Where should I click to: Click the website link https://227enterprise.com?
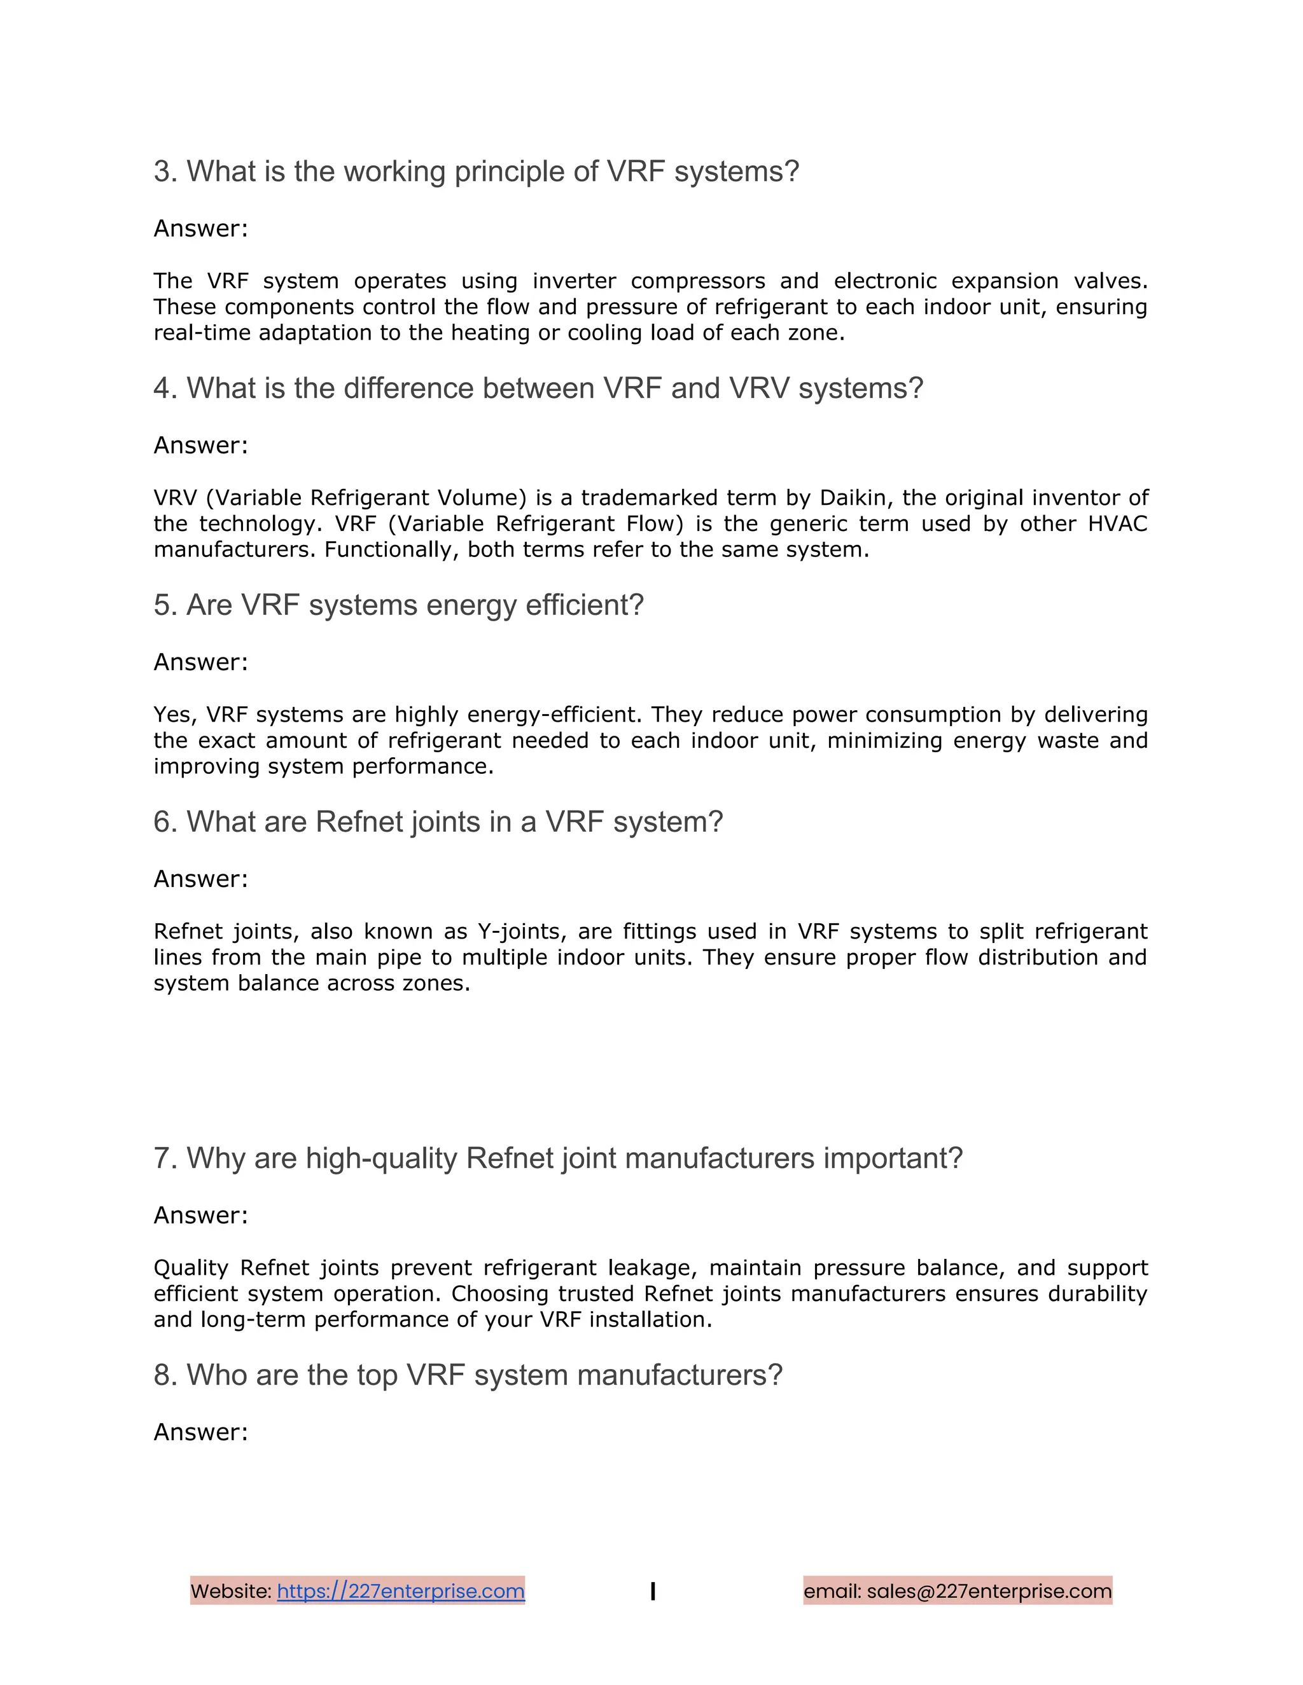tap(401, 1591)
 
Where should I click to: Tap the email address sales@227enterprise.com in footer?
tap(989, 1591)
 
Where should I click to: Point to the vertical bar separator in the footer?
tap(653, 1591)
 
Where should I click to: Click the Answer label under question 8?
tap(200, 1432)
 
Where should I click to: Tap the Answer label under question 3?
tap(200, 228)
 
